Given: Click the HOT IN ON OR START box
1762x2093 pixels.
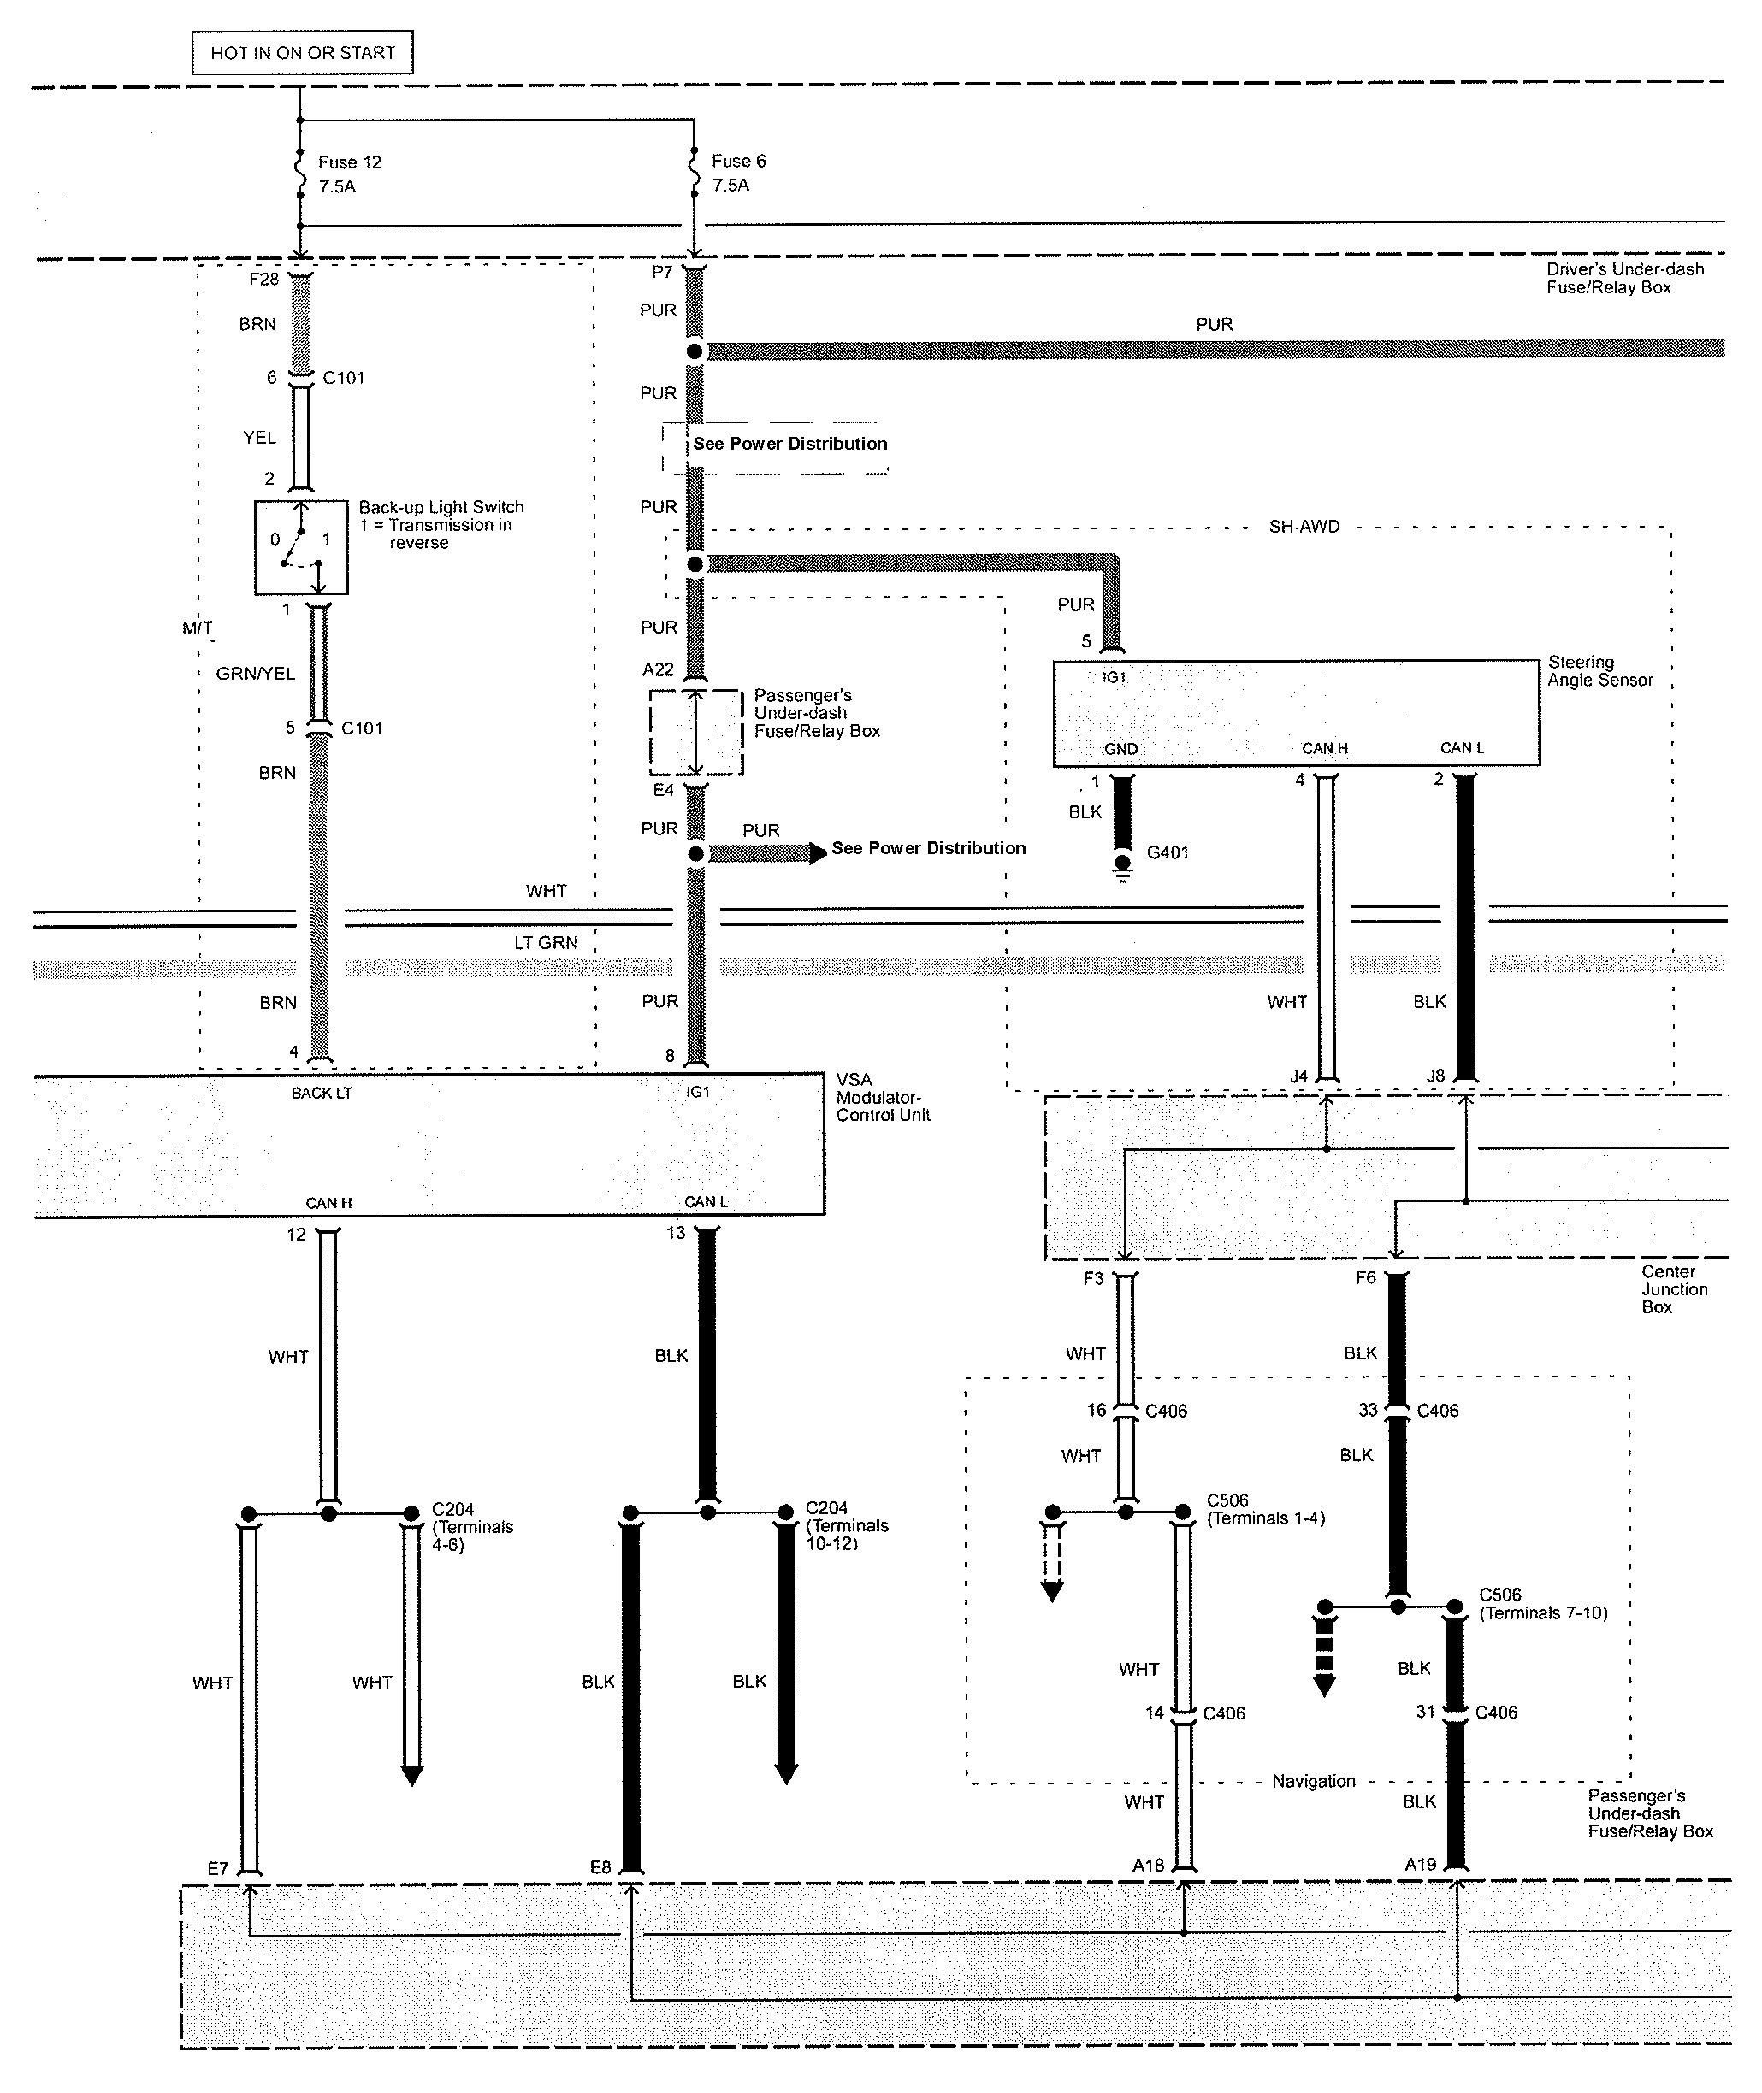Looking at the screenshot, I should click(303, 53).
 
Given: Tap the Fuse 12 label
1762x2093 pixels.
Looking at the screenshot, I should click(350, 162).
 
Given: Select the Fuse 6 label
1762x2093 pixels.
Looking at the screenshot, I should click(739, 162).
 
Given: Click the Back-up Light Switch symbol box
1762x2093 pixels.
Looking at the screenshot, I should click(301, 547).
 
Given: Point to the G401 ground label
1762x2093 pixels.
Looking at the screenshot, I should click(1168, 852).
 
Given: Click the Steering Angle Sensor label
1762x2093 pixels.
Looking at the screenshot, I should click(1600, 671).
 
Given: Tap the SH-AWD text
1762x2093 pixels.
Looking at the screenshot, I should click(1304, 527).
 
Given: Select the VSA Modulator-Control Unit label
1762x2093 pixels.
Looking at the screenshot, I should click(883, 1098).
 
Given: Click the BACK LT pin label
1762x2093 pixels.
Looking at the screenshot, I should click(322, 1094).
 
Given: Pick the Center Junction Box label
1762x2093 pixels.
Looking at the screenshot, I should click(1674, 1289).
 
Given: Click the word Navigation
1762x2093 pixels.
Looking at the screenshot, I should click(1314, 1780).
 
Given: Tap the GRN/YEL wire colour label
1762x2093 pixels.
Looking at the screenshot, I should click(256, 674).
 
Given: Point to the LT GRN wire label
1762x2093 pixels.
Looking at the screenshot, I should click(546, 943).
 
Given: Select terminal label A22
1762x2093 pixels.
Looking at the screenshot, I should click(659, 670).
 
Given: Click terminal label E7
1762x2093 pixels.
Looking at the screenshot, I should click(219, 1868).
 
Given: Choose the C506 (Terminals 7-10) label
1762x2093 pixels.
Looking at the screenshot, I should click(1543, 1604).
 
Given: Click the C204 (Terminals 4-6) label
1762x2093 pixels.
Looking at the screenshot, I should click(472, 1527).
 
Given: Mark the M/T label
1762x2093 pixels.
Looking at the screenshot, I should click(197, 628).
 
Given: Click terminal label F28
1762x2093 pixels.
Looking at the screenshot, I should click(263, 280).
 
